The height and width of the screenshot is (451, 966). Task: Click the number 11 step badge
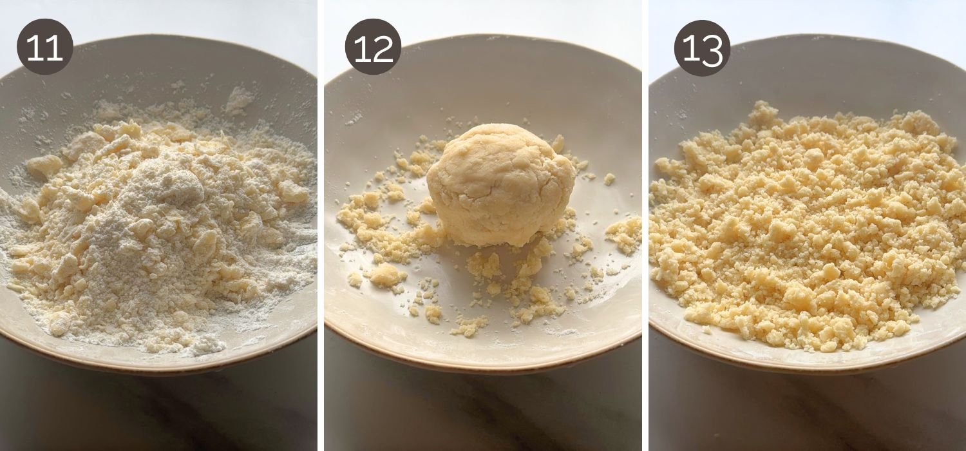[x=45, y=46]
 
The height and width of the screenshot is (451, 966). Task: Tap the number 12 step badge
[x=373, y=46]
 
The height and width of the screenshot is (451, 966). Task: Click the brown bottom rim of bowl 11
[x=161, y=368]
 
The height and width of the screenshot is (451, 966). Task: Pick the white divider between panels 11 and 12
[x=320, y=225]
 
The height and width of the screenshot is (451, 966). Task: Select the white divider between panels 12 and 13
[x=645, y=225]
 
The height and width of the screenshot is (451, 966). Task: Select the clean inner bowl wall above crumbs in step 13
[x=805, y=77]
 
